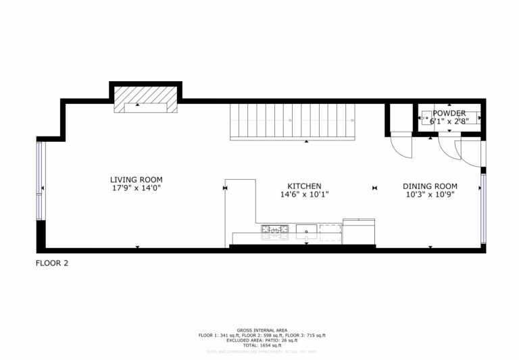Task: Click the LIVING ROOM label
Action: [x=137, y=180]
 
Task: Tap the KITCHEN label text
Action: [x=304, y=186]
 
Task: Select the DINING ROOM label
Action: [x=430, y=186]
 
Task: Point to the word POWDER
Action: [x=449, y=113]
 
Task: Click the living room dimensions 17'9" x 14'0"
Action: [x=137, y=188]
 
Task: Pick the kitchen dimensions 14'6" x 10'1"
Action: [x=304, y=195]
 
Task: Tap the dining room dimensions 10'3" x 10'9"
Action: [x=430, y=195]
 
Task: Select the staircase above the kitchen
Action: [x=292, y=122]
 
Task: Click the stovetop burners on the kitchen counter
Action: [x=275, y=232]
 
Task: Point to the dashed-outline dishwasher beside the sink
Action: [x=330, y=231]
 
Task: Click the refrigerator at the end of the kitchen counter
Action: [x=359, y=232]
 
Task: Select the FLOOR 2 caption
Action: [x=52, y=263]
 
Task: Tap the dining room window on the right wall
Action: [x=483, y=209]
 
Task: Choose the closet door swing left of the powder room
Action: [x=401, y=146]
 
